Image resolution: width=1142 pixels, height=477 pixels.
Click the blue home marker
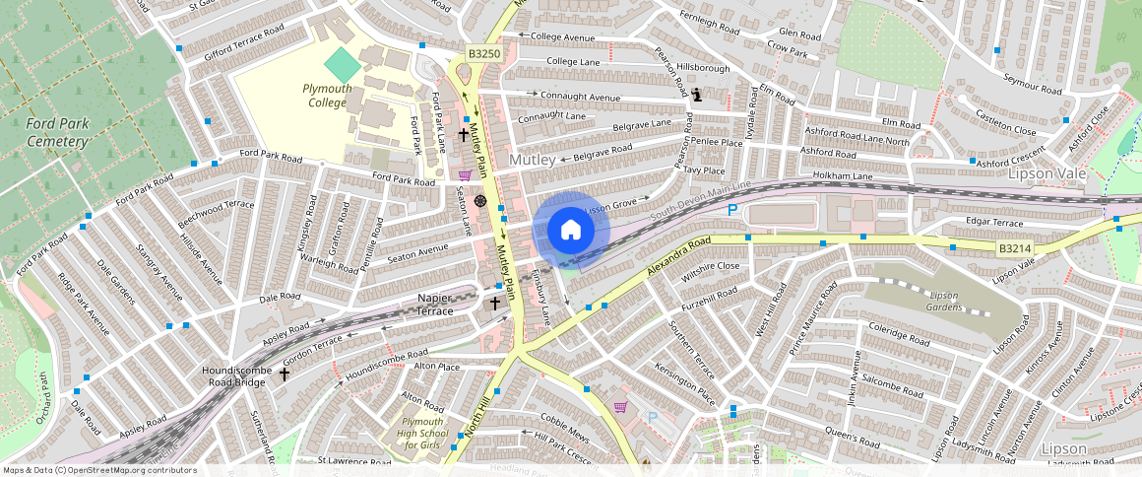click(571, 231)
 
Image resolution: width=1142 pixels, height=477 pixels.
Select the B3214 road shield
click(1014, 249)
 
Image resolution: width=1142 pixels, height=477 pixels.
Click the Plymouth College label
click(326, 96)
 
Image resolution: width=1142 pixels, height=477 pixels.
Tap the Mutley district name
click(533, 159)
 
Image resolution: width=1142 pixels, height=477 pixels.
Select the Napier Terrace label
click(420, 304)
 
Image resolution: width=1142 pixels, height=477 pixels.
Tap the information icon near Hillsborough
click(697, 96)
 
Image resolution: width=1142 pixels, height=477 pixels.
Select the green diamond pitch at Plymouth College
click(343, 66)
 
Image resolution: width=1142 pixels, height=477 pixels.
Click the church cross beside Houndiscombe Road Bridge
click(285, 375)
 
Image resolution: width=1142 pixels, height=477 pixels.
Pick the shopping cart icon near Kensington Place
click(620, 407)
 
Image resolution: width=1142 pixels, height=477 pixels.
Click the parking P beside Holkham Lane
click(730, 210)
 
